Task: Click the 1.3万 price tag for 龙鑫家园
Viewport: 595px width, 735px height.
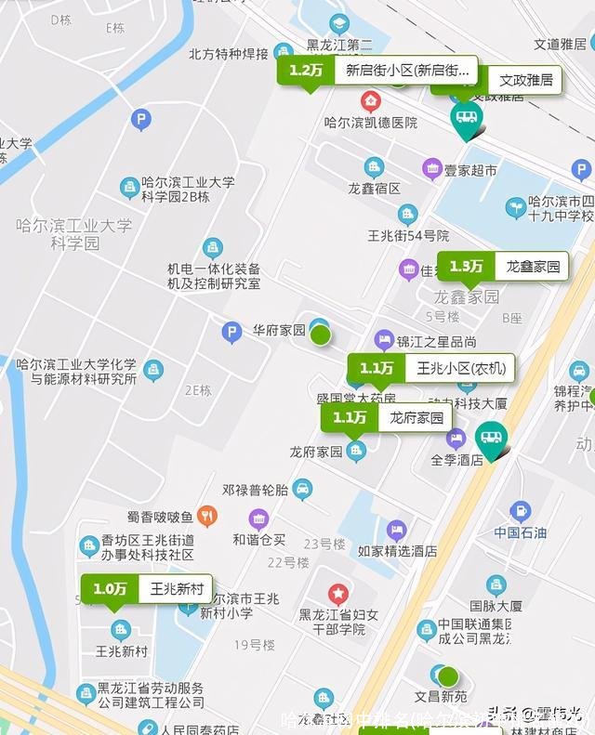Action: [466, 267]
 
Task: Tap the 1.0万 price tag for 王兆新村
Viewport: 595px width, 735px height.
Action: [110, 588]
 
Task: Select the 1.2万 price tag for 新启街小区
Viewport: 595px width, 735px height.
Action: [305, 70]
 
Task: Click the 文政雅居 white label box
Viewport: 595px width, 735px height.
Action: [525, 80]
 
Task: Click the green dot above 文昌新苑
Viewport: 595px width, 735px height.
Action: [449, 676]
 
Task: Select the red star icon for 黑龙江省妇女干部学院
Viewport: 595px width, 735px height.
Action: [337, 592]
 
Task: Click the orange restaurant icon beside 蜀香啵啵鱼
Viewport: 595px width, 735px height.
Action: [207, 516]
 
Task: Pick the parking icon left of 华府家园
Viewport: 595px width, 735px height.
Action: [231, 331]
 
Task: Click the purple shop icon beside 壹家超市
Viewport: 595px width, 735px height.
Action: [431, 169]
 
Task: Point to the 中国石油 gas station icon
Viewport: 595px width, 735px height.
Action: [520, 510]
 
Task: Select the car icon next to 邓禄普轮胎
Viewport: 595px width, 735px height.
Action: [302, 488]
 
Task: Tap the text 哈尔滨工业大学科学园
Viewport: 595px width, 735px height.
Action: [74, 234]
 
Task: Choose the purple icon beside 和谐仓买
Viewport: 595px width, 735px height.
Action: [258, 518]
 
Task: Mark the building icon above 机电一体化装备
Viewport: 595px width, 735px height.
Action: [213, 248]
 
